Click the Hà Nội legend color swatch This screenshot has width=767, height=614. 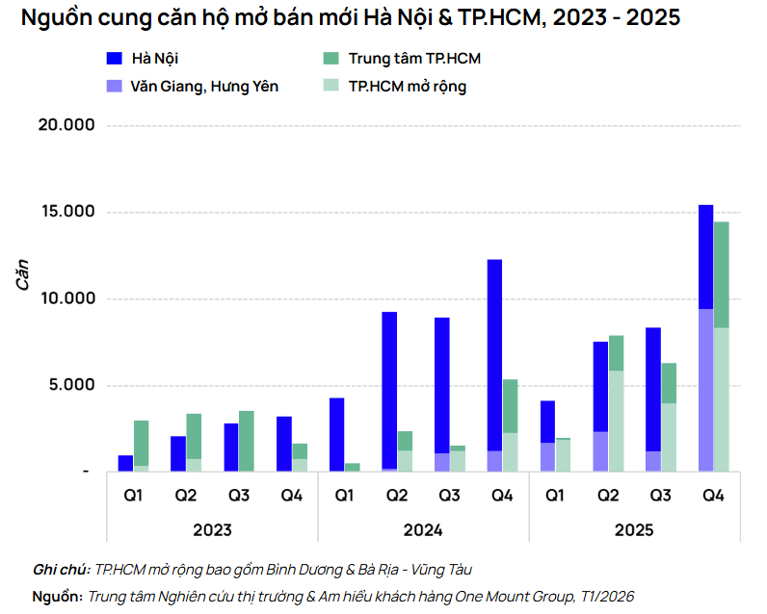click(x=117, y=59)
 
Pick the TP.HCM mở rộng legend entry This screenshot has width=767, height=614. click(x=407, y=87)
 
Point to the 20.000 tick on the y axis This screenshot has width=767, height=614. click(x=66, y=125)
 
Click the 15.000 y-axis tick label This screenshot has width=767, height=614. click(x=66, y=212)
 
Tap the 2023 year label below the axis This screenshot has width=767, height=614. click(x=212, y=530)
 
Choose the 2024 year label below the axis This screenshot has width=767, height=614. click(x=423, y=530)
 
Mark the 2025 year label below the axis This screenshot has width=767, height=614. click(x=634, y=530)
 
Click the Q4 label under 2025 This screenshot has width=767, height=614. click(x=713, y=496)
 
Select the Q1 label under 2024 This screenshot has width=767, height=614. click(x=344, y=496)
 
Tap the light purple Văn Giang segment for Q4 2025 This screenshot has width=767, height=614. click(x=705, y=390)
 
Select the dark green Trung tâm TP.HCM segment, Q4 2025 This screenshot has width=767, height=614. click(x=721, y=274)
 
